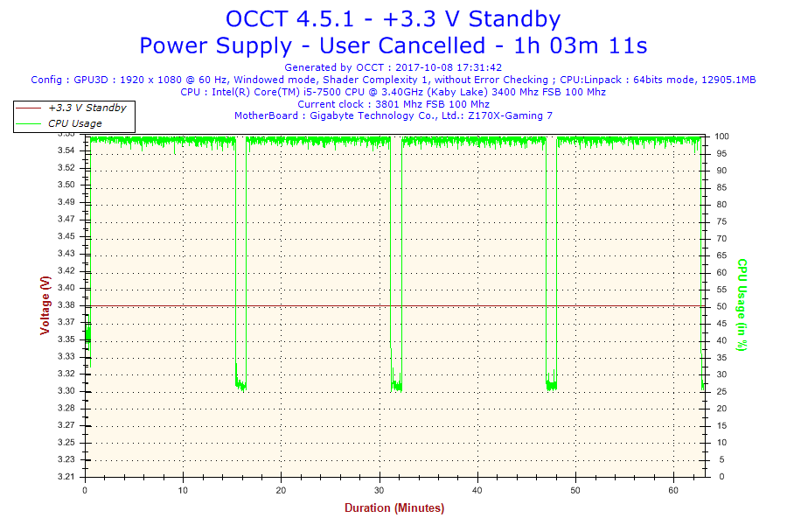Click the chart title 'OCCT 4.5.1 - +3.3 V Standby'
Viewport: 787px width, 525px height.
pyautogui.click(x=393, y=19)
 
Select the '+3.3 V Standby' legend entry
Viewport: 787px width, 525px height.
pyautogui.click(x=87, y=108)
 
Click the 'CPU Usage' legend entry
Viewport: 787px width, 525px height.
pyautogui.click(x=74, y=123)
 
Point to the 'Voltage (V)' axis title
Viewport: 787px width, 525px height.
pyautogui.click(x=45, y=304)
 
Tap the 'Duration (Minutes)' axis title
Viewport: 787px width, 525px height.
pyautogui.click(x=393, y=508)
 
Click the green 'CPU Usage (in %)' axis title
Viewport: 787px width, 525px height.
pyautogui.click(x=742, y=304)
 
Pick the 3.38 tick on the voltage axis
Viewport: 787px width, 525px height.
pyautogui.click(x=66, y=305)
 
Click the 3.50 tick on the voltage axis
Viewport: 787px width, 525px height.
pyautogui.click(x=66, y=185)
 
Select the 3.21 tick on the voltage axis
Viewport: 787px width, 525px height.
pyautogui.click(x=66, y=477)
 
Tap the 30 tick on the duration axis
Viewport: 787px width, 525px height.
pyautogui.click(x=380, y=491)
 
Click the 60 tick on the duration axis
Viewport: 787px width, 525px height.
pyautogui.click(x=673, y=491)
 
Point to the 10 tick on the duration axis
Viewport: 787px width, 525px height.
pyautogui.click(x=183, y=491)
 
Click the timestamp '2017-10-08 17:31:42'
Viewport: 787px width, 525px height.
pyautogui.click(x=449, y=66)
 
